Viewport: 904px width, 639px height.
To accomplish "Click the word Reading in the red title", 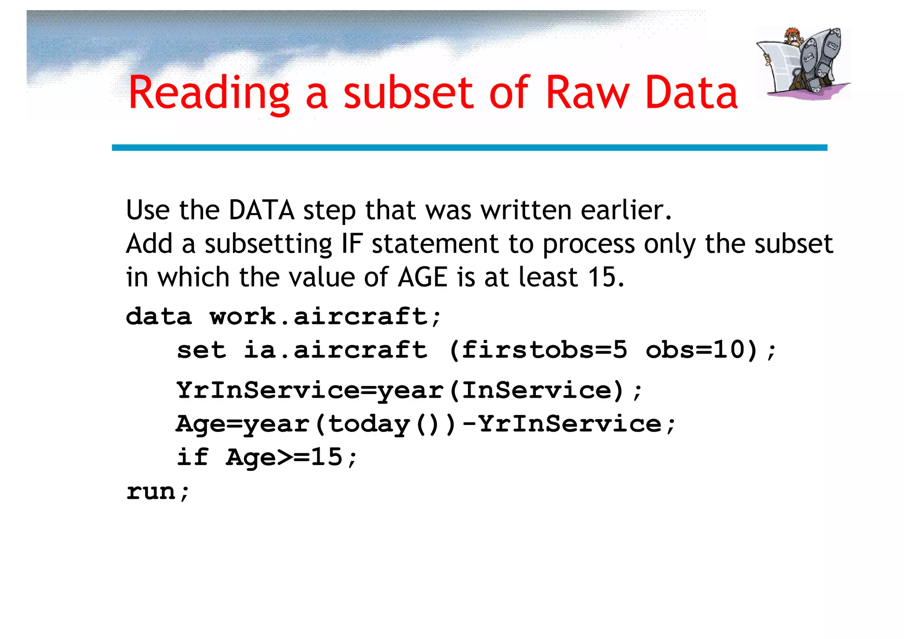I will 209,93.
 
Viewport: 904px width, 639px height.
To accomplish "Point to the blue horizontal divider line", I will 469,148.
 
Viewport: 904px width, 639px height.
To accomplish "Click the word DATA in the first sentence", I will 262,210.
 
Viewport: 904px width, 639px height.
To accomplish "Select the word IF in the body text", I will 352,244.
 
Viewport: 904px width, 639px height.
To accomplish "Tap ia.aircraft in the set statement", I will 335,350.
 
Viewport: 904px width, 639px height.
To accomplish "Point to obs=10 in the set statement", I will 696,350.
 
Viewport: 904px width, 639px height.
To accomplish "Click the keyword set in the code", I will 201,350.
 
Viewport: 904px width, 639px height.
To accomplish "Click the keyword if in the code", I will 192,457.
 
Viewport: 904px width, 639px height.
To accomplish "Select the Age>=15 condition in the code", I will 284,457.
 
